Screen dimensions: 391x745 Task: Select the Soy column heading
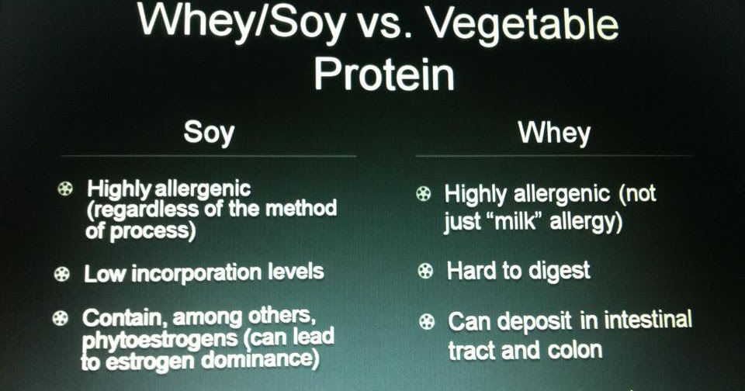[209, 132]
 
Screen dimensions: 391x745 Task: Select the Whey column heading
[554, 133]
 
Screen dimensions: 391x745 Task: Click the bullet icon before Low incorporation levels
[61, 273]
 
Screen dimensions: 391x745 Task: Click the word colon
[572, 350]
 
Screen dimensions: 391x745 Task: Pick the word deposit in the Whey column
[535, 320]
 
